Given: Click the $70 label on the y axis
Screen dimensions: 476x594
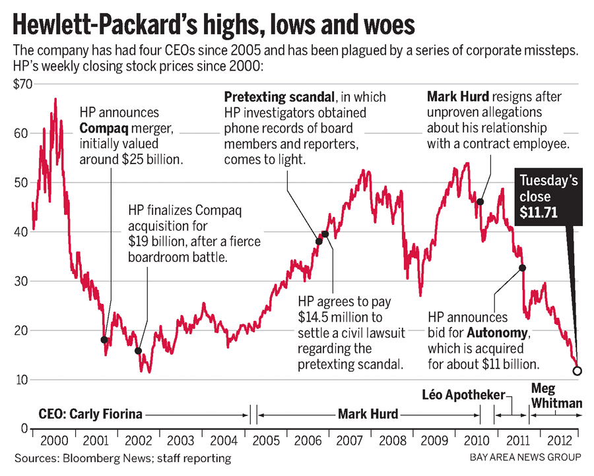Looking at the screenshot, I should coord(21,84).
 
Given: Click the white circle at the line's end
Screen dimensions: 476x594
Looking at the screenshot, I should coord(577,371).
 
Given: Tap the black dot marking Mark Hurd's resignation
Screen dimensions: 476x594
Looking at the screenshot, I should coord(480,202).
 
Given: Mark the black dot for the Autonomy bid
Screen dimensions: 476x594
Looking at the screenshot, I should coord(522,268).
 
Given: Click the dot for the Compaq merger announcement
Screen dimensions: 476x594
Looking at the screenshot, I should coord(104,340).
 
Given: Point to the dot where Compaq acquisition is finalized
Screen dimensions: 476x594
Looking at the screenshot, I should coord(138,351).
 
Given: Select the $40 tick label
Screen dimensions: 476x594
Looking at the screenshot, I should coord(21,232).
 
